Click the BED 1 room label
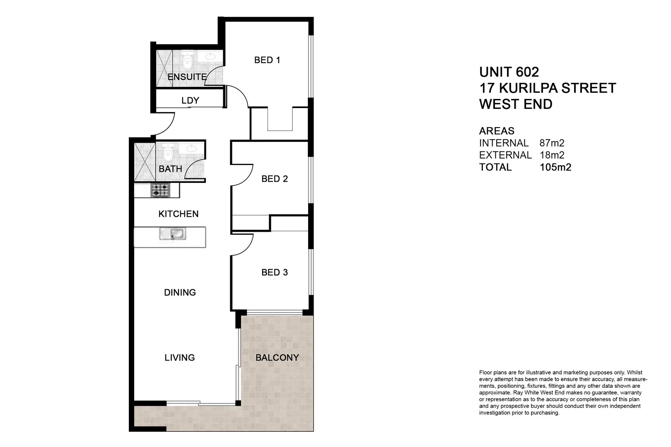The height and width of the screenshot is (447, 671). [267, 60]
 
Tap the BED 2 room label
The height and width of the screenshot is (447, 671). [275, 179]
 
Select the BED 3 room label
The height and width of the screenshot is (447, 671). [275, 272]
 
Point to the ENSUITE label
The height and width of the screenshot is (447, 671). [187, 77]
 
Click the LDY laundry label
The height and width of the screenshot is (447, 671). [190, 101]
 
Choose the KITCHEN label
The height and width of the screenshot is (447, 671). [179, 214]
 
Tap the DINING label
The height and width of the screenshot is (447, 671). [180, 293]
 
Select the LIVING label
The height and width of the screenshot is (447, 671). [179, 358]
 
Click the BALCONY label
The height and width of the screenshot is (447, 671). [277, 358]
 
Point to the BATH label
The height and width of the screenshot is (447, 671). [170, 169]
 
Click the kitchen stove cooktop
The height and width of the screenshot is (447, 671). [160, 190]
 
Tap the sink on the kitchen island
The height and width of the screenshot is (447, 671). [172, 234]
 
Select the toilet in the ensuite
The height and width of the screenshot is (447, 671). [188, 60]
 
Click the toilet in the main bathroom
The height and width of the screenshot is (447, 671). [168, 152]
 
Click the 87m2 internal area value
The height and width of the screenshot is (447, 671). [552, 143]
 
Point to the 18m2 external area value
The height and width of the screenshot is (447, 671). [552, 155]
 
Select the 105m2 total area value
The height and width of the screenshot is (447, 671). [555, 167]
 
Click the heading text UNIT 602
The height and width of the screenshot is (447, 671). [509, 72]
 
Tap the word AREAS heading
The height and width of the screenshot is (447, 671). [497, 131]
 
